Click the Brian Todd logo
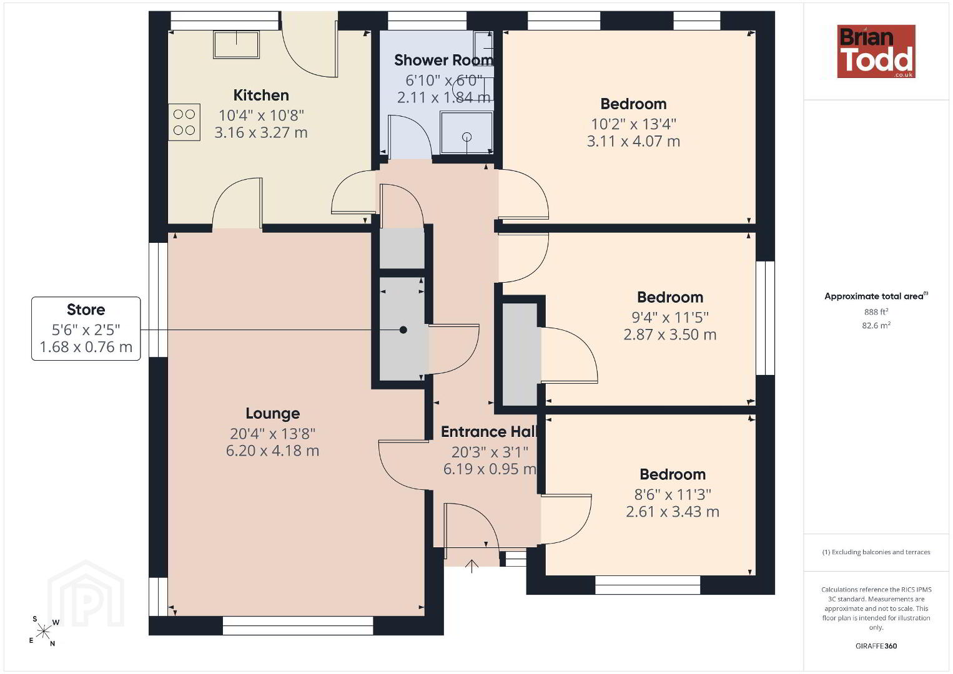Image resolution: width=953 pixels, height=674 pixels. tap(876, 51)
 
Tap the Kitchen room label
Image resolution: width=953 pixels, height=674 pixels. tap(261, 95)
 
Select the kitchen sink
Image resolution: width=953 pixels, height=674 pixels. tap(237, 44)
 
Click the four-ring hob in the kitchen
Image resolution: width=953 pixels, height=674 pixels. tap(184, 122)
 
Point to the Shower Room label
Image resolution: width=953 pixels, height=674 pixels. tap(443, 61)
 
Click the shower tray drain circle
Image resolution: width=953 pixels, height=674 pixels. tap(467, 137)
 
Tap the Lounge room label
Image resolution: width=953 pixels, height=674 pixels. tap(273, 413)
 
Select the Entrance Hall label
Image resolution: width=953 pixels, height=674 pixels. tap(489, 432)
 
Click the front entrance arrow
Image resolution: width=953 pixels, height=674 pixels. tap(472, 566)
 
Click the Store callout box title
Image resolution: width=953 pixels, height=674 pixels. tap(86, 310)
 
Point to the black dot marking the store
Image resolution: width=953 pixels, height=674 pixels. tap(403, 330)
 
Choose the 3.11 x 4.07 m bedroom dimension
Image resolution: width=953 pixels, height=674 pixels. tap(633, 141)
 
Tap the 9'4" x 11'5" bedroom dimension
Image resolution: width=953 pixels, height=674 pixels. tap(670, 317)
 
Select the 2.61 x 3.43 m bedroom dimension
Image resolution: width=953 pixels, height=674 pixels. tap(673, 512)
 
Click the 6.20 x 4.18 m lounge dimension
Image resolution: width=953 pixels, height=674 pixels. tap(273, 451)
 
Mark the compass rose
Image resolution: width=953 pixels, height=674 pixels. tap(44, 632)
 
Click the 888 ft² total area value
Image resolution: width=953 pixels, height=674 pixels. tap(876, 311)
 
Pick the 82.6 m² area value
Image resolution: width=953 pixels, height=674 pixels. tap(876, 325)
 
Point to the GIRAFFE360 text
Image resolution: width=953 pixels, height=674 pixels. tap(876, 646)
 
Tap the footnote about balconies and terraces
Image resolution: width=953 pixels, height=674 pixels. tap(876, 552)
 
